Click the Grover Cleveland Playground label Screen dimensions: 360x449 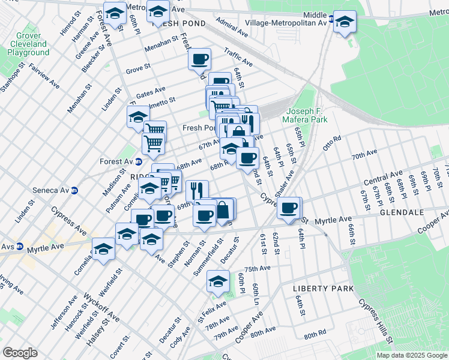coord(28,44)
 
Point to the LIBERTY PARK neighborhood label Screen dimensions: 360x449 coord(323,289)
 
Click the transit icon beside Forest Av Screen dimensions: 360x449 coord(139,161)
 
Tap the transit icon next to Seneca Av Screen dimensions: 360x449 coord(75,191)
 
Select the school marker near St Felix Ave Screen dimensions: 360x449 coord(218,281)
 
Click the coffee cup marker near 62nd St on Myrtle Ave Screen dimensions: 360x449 coord(289,207)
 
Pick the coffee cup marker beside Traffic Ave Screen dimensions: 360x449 coord(200,59)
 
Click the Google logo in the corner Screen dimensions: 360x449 coord(20,353)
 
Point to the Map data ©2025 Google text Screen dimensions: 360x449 coord(412,355)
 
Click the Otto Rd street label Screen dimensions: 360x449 coord(331,142)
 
